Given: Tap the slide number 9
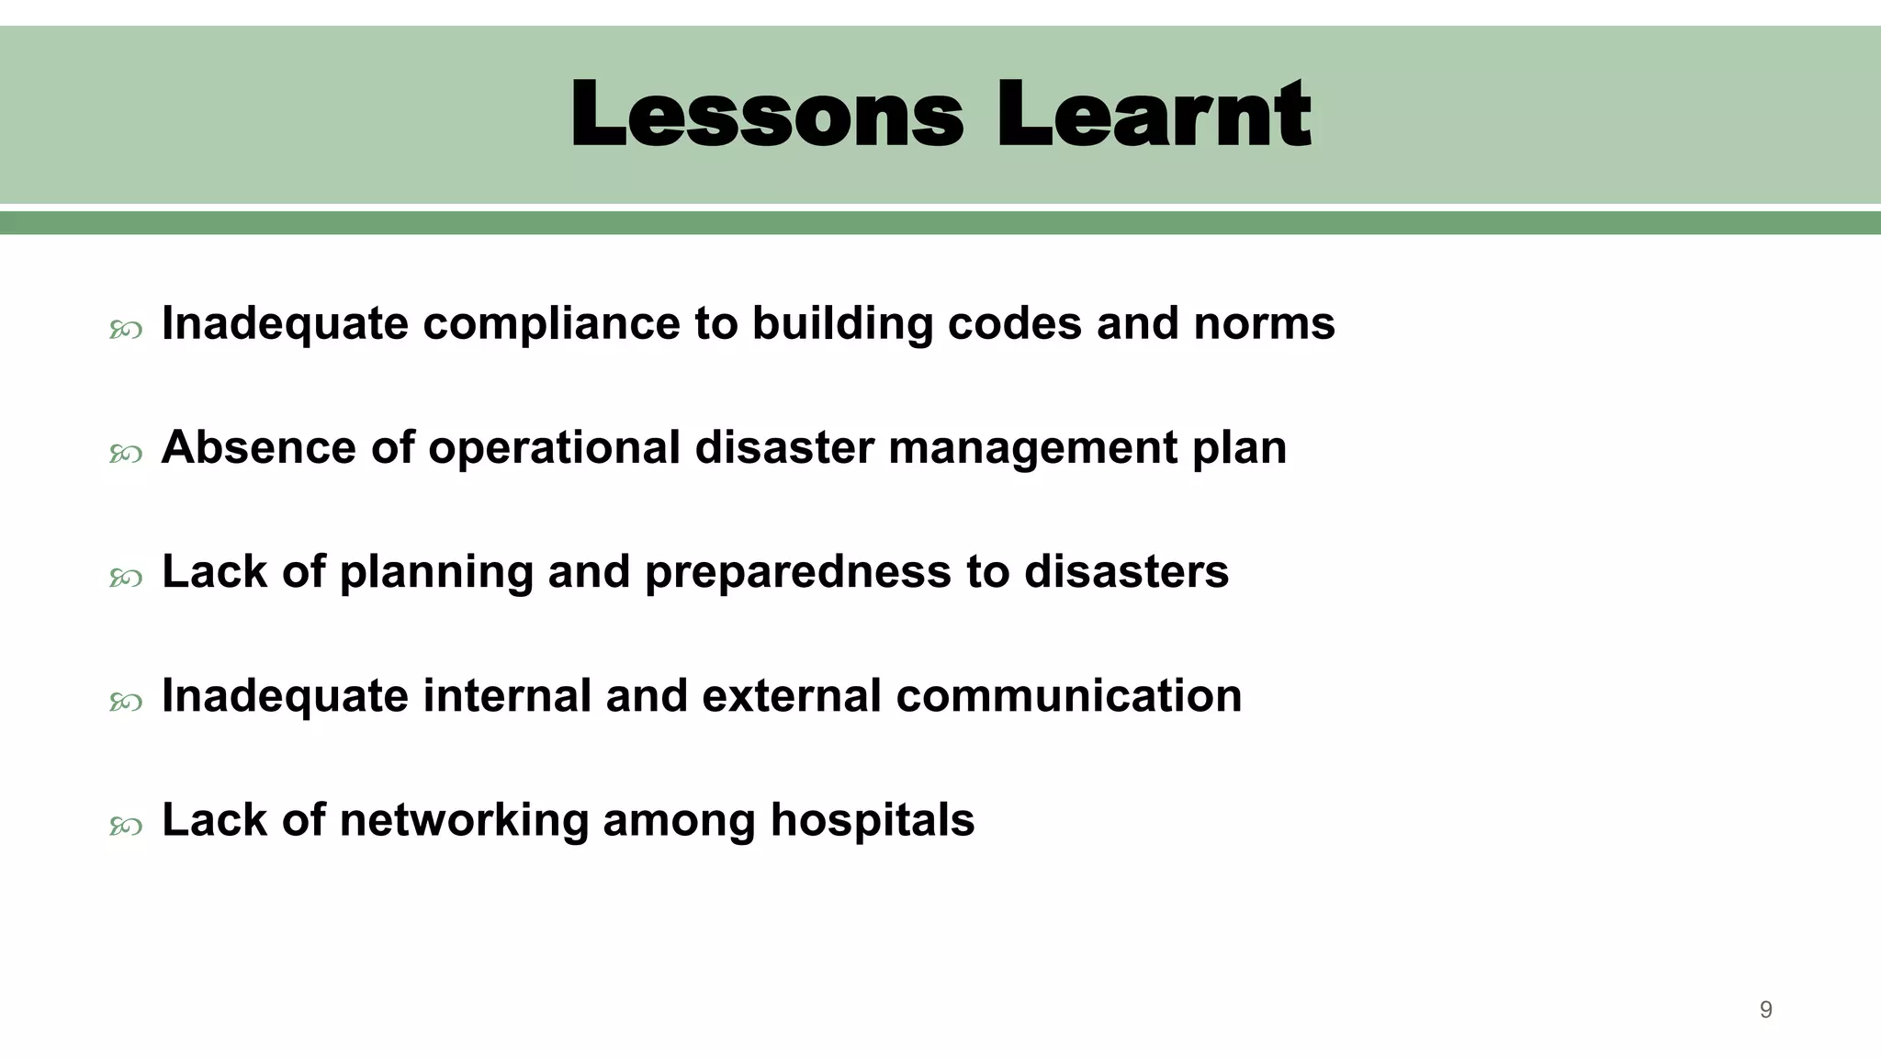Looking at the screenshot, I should pyautogui.click(x=1765, y=1010).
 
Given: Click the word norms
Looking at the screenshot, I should pyautogui.click(x=1264, y=324).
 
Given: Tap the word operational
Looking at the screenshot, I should pyautogui.click(x=554, y=448).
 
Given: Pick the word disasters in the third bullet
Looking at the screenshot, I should pyautogui.click(x=1126, y=572).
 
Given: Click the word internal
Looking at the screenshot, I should pyautogui.click(x=507, y=696).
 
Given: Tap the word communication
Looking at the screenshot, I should pyautogui.click(x=1068, y=696).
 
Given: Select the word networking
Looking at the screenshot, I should pyautogui.click(x=464, y=821).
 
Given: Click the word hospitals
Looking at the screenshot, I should pyautogui.click(x=872, y=820).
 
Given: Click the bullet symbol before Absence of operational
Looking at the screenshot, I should pyautogui.click(x=126, y=454).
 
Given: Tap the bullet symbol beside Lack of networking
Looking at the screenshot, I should pyautogui.click(x=126, y=827).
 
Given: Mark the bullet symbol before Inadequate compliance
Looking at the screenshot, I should pyautogui.click(x=126, y=330).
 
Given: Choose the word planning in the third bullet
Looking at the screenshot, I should pyautogui.click(x=436, y=573).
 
